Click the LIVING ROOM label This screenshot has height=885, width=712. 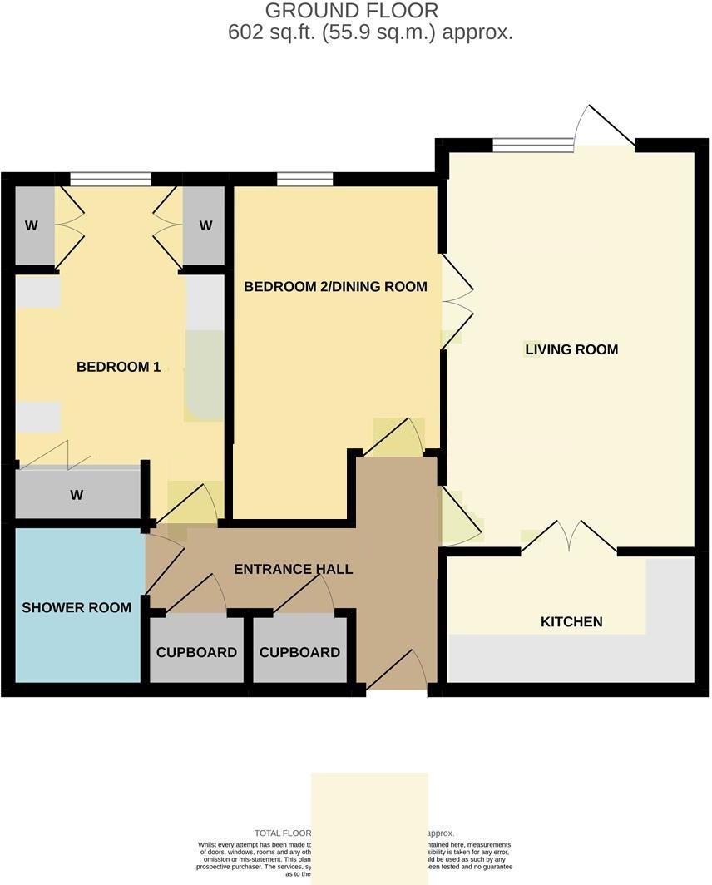tap(571, 349)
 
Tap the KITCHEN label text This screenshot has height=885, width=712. tap(571, 622)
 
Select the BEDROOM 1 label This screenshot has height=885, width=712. tap(118, 367)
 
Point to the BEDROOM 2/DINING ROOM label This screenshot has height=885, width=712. tap(335, 287)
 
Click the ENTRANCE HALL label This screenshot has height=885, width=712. tap(293, 570)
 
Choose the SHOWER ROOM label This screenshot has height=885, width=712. tap(77, 608)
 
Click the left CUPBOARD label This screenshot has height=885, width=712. tap(196, 653)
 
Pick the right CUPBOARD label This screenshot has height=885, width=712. tap(299, 653)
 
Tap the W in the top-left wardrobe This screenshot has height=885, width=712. tap(31, 226)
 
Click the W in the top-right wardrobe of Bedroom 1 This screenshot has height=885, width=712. tap(205, 226)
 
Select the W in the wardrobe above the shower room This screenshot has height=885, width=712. tap(77, 496)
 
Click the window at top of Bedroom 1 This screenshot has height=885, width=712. tap(111, 179)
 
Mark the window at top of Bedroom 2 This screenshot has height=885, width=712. tap(304, 179)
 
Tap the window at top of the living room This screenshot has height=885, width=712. tap(533, 146)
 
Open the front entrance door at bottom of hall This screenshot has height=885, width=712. tap(398, 672)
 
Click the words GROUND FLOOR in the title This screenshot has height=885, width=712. tap(352, 11)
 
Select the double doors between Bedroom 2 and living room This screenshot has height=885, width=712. tap(456, 301)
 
